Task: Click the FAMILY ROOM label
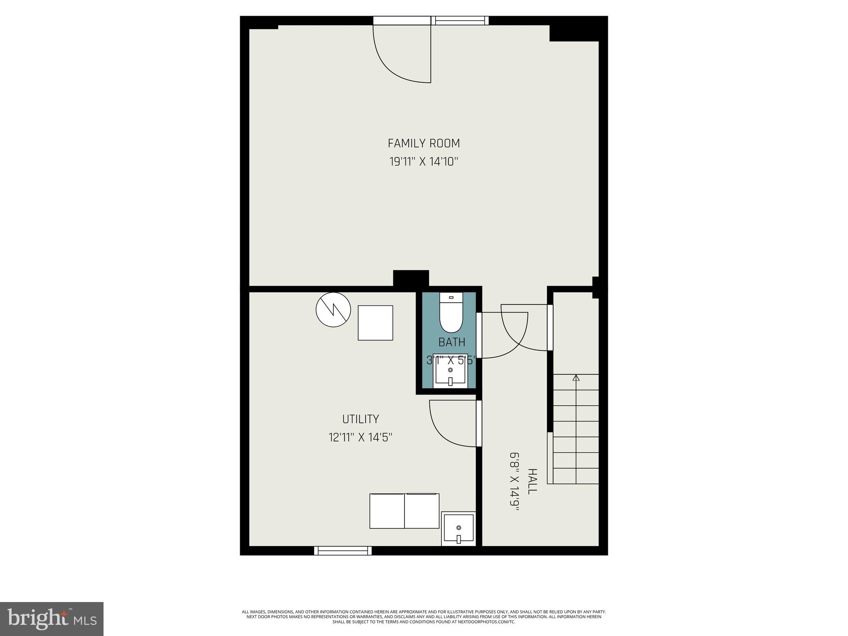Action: (424, 143)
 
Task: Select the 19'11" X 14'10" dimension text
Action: (424, 161)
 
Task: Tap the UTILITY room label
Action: (360, 419)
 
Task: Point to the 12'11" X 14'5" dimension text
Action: (360, 437)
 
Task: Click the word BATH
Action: (451, 342)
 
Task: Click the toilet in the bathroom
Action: (450, 314)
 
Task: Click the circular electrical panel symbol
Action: (333, 310)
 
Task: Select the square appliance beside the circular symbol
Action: (375, 323)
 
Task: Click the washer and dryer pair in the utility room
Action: (404, 511)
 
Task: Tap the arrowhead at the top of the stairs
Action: (576, 378)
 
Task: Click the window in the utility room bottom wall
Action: (343, 550)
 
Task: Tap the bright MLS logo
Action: (52, 619)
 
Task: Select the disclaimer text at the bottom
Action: (424, 617)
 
